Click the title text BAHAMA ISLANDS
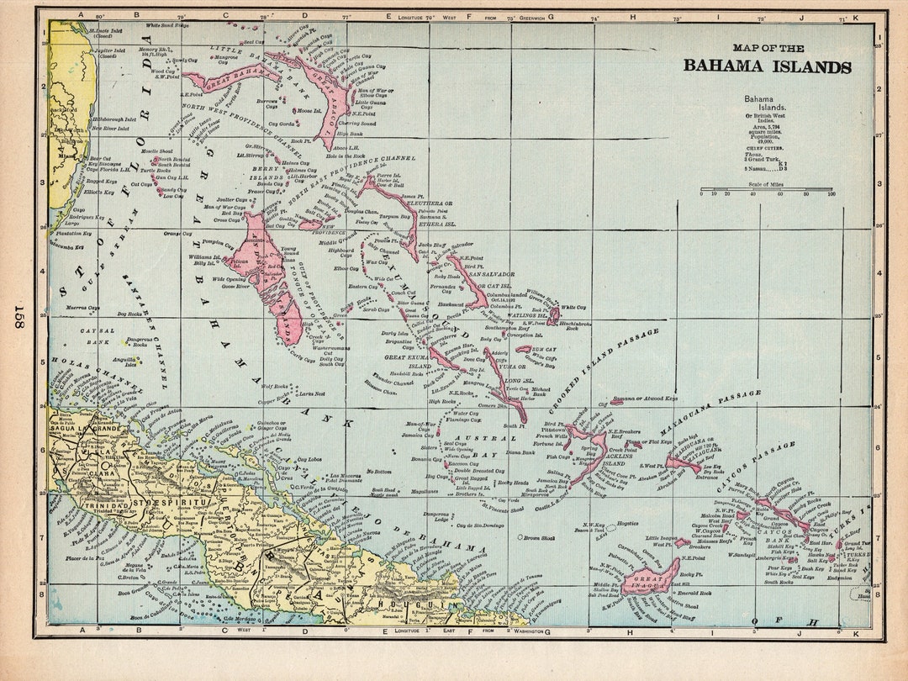[x=767, y=67]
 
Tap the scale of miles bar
[x=766, y=189]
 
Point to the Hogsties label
[x=627, y=523]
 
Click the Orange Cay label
[x=178, y=233]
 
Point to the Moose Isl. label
[x=309, y=110]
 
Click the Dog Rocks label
[x=129, y=314]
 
